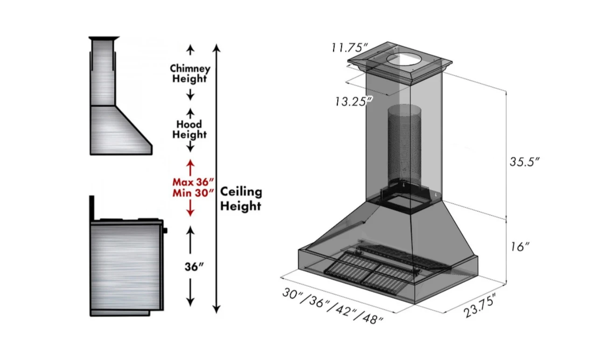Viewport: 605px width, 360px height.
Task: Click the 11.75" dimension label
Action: [x=350, y=48]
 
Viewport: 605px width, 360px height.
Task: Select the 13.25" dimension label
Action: [x=353, y=101]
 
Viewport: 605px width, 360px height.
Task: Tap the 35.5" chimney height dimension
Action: [x=524, y=162]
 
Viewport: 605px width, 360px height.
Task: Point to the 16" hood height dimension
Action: [x=517, y=247]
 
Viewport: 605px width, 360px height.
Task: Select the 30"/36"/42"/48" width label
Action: [x=333, y=306]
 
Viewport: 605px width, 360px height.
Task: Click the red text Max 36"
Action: [x=193, y=182]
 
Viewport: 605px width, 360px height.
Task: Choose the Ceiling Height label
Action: [x=241, y=199]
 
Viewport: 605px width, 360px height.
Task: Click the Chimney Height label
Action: [x=190, y=74]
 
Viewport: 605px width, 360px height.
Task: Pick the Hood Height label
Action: [x=189, y=130]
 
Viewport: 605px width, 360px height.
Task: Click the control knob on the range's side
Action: [x=165, y=230]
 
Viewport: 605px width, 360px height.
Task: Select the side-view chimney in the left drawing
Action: [x=102, y=72]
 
